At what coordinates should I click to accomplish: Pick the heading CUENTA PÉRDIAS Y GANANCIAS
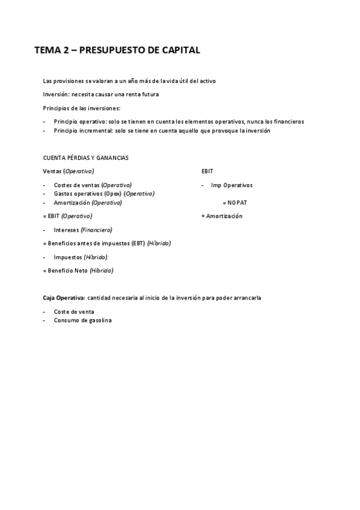pyautogui.click(x=85, y=158)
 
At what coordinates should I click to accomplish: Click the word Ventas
pyautogui.click(x=52, y=171)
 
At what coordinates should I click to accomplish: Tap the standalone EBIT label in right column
pyautogui.click(x=207, y=171)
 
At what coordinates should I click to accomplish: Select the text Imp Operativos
pyautogui.click(x=231, y=185)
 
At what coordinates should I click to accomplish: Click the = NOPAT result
pyautogui.click(x=234, y=203)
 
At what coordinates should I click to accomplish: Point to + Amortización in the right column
pyautogui.click(x=222, y=216)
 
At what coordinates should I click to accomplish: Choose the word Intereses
pyautogui.click(x=66, y=230)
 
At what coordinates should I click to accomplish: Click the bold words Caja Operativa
pyautogui.click(x=64, y=298)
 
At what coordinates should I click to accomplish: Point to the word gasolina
pyautogui.click(x=99, y=321)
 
